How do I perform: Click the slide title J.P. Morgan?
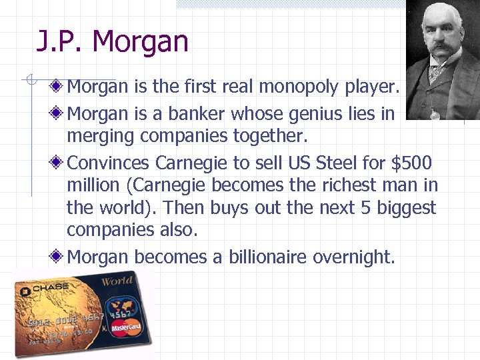coord(113,42)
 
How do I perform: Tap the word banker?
coord(198,115)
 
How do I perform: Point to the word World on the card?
coord(117,281)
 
